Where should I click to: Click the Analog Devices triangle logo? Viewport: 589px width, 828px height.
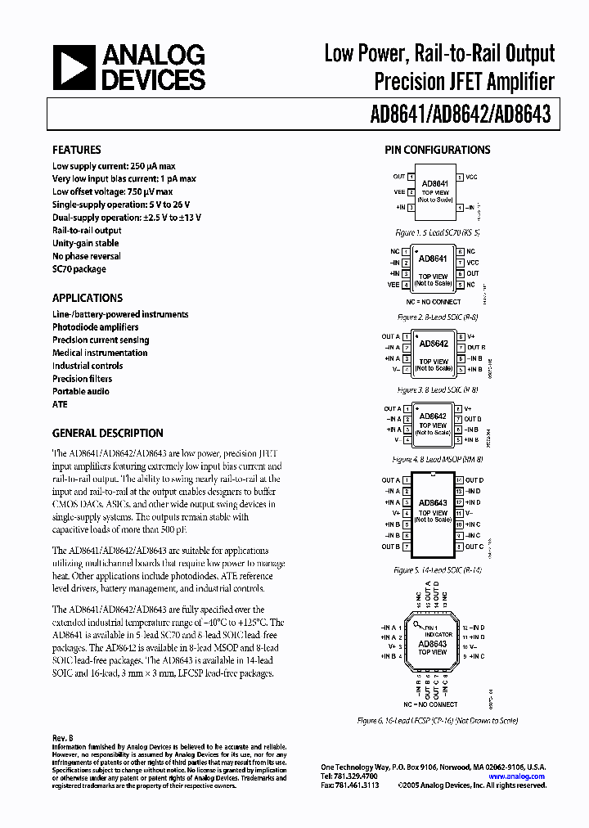(x=74, y=67)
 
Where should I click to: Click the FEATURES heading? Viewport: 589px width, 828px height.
(x=77, y=150)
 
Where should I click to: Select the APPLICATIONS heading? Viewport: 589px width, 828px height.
(x=88, y=298)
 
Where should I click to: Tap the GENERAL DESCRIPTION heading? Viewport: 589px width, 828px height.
(x=108, y=433)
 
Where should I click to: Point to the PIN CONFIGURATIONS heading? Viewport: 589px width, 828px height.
(x=438, y=150)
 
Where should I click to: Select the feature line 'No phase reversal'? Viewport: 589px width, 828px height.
(x=86, y=256)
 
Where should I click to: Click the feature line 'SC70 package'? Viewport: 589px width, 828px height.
(x=79, y=269)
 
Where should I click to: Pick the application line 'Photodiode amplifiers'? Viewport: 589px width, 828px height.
(x=96, y=327)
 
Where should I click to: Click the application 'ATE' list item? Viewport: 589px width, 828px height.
(x=60, y=404)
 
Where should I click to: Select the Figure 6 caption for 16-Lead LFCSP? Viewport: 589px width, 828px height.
(x=438, y=721)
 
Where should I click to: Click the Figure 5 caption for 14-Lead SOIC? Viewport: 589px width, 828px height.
(x=438, y=569)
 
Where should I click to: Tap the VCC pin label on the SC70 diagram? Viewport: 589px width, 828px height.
(x=473, y=176)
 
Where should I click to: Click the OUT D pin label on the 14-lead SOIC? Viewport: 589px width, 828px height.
(x=475, y=480)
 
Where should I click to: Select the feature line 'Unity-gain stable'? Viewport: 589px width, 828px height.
(x=86, y=243)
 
